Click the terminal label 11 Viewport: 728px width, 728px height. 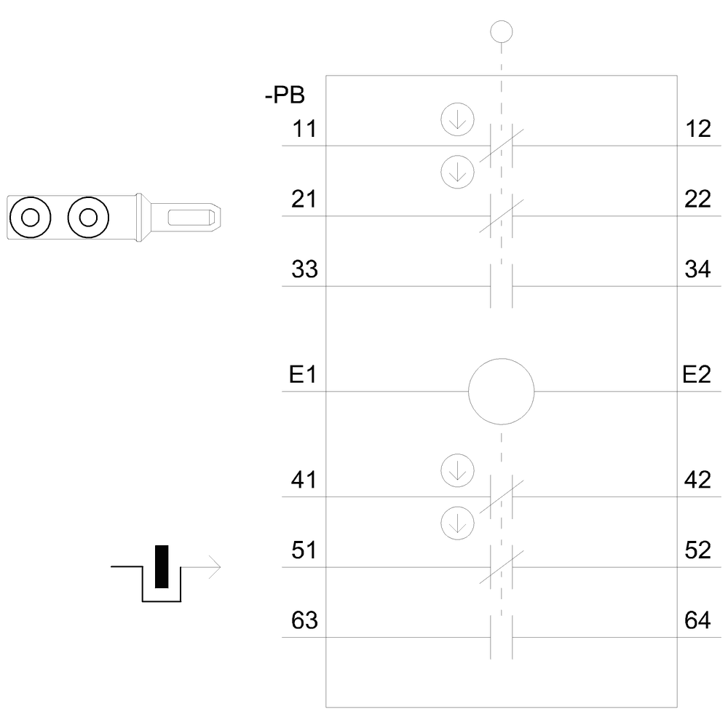(304, 130)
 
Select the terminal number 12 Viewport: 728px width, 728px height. (697, 130)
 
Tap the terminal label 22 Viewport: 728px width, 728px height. (697, 199)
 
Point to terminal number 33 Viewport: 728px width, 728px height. (304, 270)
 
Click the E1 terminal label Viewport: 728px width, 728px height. (303, 376)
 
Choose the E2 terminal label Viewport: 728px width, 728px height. (697, 376)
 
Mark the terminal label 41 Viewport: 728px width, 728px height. (304, 481)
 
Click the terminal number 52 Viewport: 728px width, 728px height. (697, 551)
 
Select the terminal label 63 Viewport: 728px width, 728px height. (304, 622)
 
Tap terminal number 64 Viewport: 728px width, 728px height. (697, 622)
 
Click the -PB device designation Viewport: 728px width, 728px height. (285, 95)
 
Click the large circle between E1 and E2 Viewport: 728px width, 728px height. (502, 391)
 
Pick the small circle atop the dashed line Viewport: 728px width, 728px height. (502, 31)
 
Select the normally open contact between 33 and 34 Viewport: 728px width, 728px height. (502, 286)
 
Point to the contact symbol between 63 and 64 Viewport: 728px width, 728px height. (502, 638)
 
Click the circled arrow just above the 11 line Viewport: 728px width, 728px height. (457, 120)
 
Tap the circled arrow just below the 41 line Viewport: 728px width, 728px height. (457, 521)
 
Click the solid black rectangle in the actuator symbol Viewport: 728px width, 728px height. (162, 566)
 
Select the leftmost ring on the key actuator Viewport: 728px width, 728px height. (30, 217)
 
